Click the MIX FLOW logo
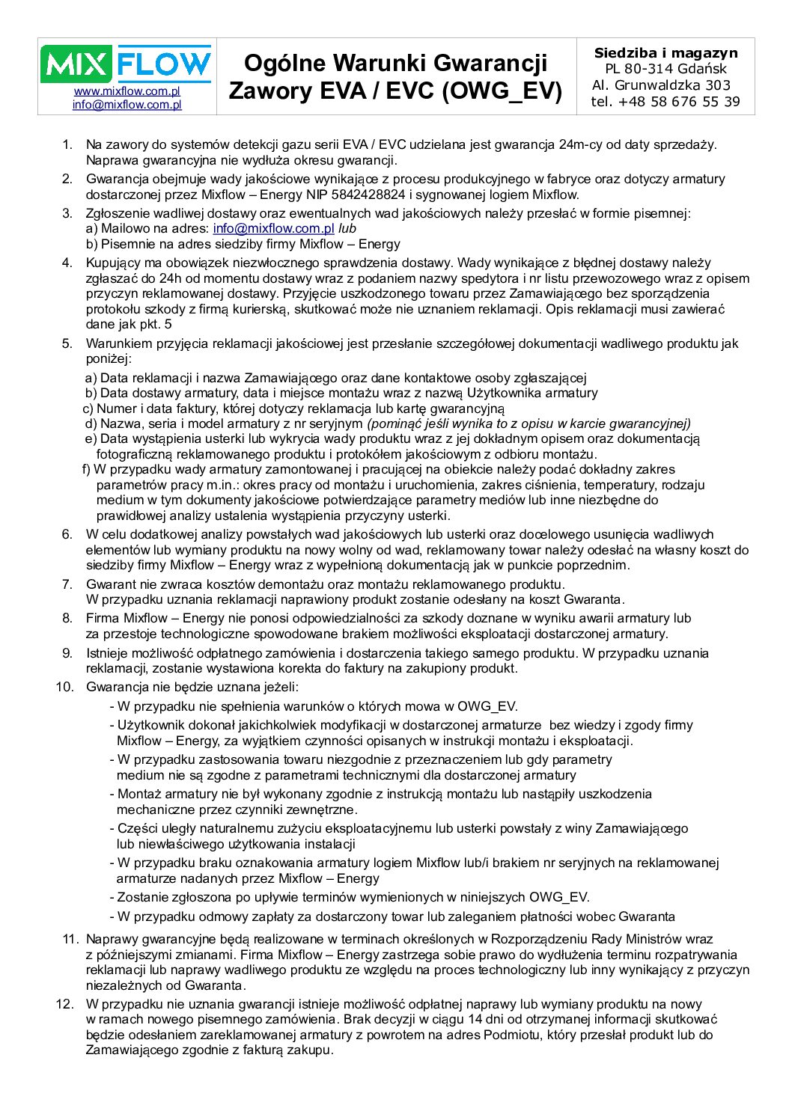[x=127, y=64]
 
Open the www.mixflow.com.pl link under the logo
[x=127, y=91]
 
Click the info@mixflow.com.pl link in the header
[x=127, y=105]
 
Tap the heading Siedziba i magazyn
[x=665, y=53]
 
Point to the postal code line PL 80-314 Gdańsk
[x=665, y=69]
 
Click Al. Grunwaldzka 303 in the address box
[x=661, y=85]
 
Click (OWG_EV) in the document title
[x=502, y=91]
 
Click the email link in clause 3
[x=273, y=228]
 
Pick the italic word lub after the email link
[x=347, y=228]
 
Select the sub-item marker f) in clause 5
[x=86, y=469]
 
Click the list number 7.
[x=67, y=584]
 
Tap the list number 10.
[x=64, y=687]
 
